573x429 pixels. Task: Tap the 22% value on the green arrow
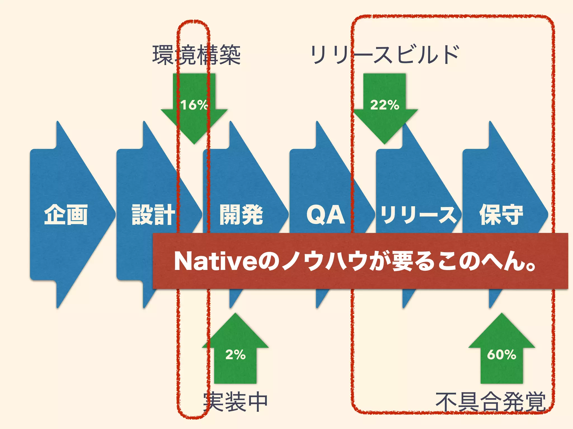click(384, 105)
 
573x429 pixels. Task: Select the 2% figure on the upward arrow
click(235, 355)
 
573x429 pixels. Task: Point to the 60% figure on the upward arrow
click(501, 355)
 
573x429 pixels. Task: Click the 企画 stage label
click(66, 214)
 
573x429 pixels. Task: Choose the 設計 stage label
click(153, 214)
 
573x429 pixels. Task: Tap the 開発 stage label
click(241, 214)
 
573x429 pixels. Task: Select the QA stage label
click(326, 214)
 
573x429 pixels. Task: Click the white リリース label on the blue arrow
click(418, 214)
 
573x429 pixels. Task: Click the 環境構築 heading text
click(196, 55)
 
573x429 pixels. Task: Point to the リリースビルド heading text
click(385, 55)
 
